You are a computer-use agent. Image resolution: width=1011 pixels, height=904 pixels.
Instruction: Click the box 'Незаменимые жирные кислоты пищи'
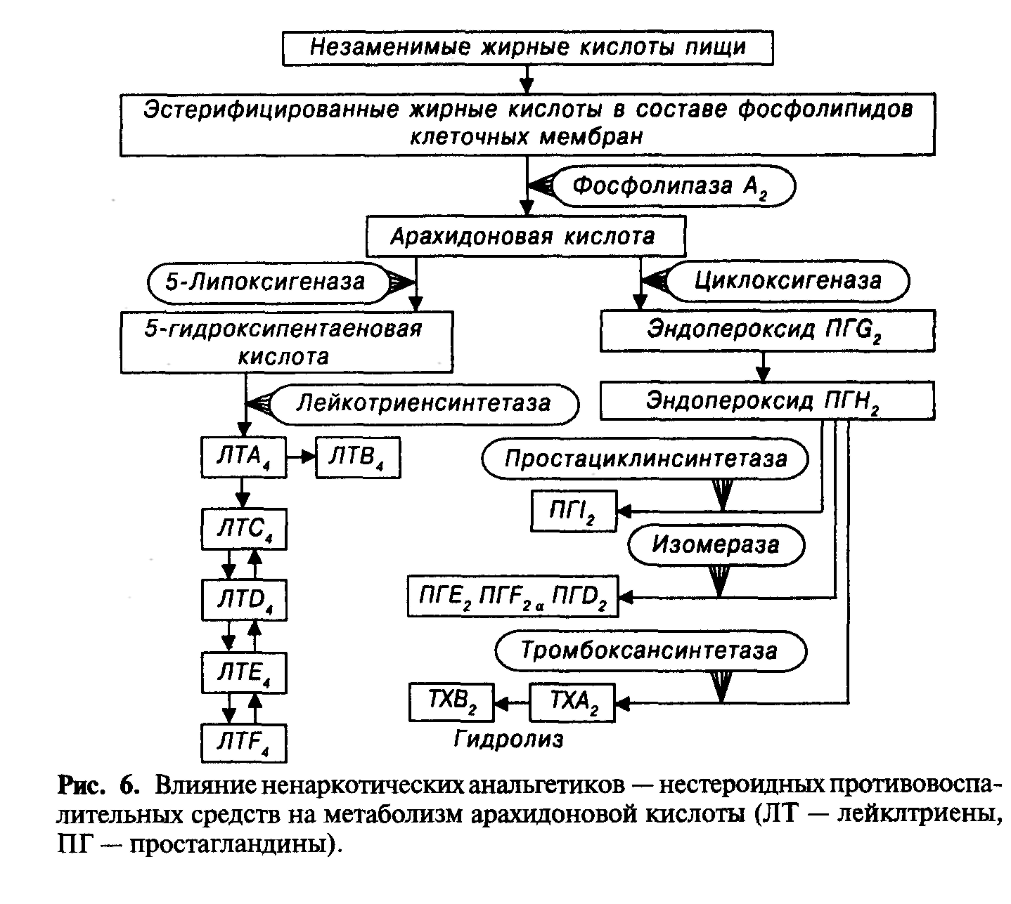pyautogui.click(x=528, y=48)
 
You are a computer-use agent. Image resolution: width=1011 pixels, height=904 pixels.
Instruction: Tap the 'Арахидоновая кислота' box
pyautogui.click(x=525, y=236)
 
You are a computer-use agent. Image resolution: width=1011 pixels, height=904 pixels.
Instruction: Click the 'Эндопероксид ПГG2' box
pyautogui.click(x=766, y=331)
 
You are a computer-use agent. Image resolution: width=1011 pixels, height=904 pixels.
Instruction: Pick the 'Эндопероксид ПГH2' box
pyautogui.click(x=766, y=402)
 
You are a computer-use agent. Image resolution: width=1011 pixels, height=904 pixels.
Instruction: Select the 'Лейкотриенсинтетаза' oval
pyautogui.click(x=424, y=404)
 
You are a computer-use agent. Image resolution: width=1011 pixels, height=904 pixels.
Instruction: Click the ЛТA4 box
pyautogui.click(x=243, y=458)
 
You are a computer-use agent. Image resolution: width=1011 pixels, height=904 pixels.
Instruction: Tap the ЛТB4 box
pyautogui.click(x=358, y=458)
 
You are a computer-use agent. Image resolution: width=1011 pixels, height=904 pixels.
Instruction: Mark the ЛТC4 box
pyautogui.click(x=243, y=529)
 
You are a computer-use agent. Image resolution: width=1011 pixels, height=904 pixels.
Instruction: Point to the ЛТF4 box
pyautogui.click(x=243, y=742)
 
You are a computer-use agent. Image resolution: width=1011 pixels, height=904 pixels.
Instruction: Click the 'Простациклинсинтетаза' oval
pyautogui.click(x=645, y=459)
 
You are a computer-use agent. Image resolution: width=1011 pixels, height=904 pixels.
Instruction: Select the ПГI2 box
pyautogui.click(x=573, y=511)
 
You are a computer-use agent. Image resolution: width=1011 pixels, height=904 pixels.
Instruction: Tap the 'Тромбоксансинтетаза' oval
pyautogui.click(x=650, y=650)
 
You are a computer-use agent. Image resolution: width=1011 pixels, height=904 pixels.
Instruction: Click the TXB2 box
pyautogui.click(x=451, y=702)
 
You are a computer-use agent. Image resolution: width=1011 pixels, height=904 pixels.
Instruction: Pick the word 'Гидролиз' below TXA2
pyautogui.click(x=508, y=739)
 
